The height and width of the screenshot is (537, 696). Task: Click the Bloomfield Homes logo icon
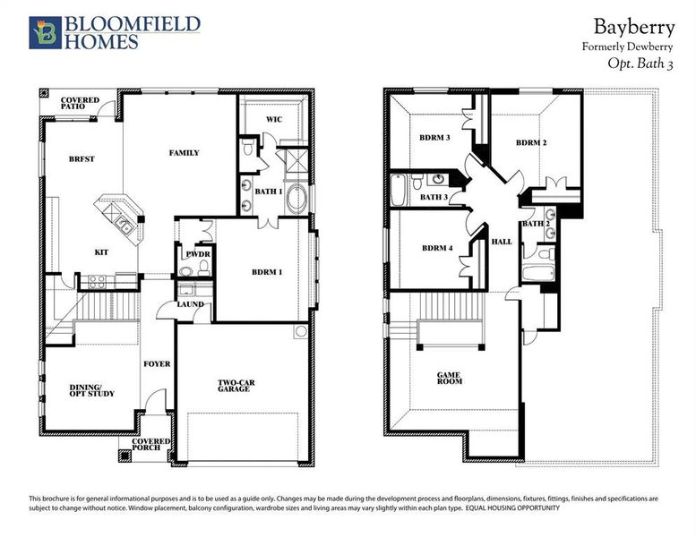point(43,31)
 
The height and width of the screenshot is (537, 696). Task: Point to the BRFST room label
point(82,159)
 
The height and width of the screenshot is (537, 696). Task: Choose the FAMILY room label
point(185,153)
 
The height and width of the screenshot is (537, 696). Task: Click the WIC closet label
point(275,119)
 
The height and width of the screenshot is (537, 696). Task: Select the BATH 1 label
point(270,191)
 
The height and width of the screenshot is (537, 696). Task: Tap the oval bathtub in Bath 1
point(296,199)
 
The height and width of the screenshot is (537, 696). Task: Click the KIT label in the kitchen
point(102,252)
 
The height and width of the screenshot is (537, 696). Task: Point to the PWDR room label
point(198,254)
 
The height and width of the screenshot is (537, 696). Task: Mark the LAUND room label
point(191,304)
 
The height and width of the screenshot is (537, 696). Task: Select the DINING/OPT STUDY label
point(92,390)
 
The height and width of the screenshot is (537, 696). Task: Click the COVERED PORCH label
point(151,445)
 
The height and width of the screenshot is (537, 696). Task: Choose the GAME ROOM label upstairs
point(450,378)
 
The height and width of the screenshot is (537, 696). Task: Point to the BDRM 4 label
point(437,249)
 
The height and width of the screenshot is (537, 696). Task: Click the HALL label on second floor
point(502,241)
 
